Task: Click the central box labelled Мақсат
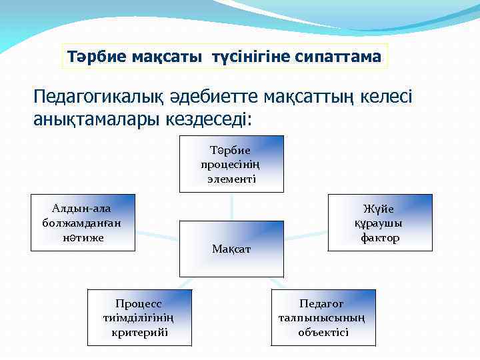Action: tap(231, 248)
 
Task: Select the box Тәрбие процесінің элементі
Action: tap(231, 164)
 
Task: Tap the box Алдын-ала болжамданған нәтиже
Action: tap(83, 223)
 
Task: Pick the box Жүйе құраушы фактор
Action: tap(380, 223)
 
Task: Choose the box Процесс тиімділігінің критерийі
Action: tap(139, 317)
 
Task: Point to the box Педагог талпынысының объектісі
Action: tap(323, 317)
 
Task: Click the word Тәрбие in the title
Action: tap(96, 57)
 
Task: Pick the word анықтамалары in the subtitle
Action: tap(96, 119)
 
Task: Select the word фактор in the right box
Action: tap(380, 238)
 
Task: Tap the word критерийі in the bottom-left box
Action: tap(139, 332)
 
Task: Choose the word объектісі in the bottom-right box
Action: tap(323, 332)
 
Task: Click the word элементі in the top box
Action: tap(231, 179)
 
